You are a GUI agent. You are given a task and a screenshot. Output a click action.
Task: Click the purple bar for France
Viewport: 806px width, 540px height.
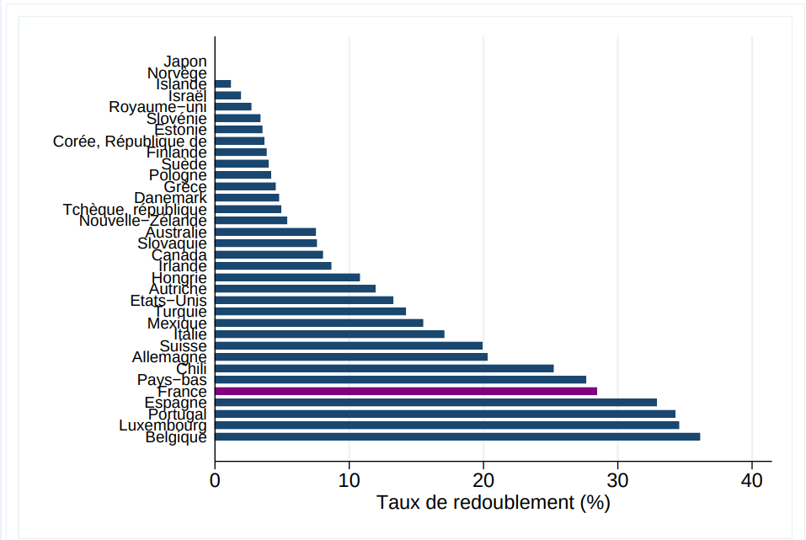(x=406, y=391)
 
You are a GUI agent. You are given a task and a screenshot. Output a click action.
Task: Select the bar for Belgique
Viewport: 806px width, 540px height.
(x=457, y=436)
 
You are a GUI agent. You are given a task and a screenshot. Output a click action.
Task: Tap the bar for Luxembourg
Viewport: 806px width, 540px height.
(x=447, y=425)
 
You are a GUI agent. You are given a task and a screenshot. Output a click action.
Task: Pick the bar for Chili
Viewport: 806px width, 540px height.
(x=384, y=368)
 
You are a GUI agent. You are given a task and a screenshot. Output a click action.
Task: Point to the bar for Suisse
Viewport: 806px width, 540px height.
(x=349, y=345)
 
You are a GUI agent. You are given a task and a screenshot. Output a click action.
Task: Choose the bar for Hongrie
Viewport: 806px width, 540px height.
(x=287, y=277)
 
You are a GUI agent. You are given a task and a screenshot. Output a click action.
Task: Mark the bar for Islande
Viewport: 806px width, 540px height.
(x=223, y=84)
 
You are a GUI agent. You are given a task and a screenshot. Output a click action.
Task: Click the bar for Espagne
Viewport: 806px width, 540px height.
(x=435, y=403)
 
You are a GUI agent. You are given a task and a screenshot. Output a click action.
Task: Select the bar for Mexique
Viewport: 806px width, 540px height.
(x=319, y=323)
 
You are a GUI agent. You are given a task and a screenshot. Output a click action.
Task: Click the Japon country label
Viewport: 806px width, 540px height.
(x=185, y=61)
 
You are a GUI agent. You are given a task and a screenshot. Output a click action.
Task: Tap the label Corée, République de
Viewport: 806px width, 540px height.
(x=130, y=142)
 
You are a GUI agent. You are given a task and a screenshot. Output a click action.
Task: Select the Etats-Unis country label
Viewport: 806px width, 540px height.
(x=168, y=300)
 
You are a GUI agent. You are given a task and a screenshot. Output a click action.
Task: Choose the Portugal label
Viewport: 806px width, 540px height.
(x=177, y=414)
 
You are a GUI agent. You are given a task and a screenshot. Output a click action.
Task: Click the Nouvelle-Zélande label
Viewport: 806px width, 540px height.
(x=143, y=221)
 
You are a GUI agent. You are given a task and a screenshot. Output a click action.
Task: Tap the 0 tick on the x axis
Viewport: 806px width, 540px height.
(x=216, y=480)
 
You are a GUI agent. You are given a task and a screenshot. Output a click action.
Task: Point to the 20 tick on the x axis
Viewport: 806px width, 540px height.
(x=483, y=480)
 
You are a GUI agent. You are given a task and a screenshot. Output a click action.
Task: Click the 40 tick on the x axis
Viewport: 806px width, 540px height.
(x=751, y=480)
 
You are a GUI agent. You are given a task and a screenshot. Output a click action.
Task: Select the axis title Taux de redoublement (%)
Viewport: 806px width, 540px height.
(x=493, y=503)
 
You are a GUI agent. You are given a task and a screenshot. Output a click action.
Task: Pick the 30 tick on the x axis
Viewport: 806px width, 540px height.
(x=617, y=480)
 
